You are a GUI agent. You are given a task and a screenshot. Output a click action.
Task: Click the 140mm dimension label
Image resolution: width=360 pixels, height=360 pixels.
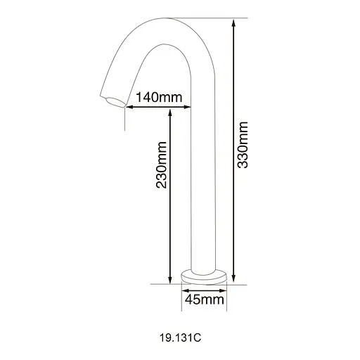[153, 98]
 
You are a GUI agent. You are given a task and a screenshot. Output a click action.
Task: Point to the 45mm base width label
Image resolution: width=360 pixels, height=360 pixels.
[203, 300]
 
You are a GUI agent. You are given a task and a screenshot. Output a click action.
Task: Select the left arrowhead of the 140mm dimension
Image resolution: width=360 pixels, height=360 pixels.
[126, 107]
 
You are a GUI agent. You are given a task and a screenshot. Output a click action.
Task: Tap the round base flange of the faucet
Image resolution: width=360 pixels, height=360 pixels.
[203, 276]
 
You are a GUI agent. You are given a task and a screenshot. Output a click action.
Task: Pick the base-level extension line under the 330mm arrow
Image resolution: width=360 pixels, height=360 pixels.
[236, 285]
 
